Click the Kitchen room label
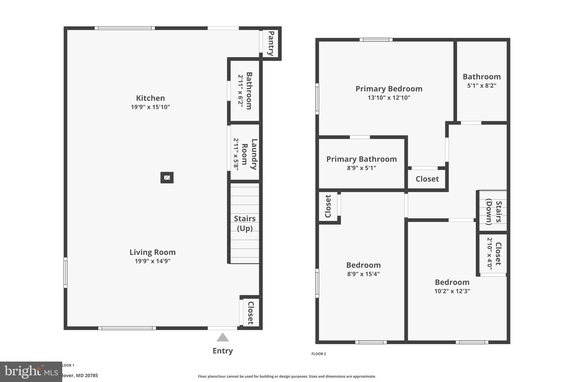coord(150,98)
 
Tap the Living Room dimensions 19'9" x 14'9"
coord(152,261)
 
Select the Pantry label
coord(271,43)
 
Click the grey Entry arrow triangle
coord(223,338)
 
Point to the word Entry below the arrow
coord(223,351)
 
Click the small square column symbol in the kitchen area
coord(167,178)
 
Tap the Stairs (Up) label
coord(245,223)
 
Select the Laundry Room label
coord(249,154)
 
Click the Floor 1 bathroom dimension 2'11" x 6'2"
coord(240,91)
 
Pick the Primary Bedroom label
coord(389,89)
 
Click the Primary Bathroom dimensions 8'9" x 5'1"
coord(361,168)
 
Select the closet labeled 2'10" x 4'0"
coord(494,254)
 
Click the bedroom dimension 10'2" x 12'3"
coord(452,291)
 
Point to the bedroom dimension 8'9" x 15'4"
coord(363,274)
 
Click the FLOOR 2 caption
coord(319,354)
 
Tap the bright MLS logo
coord(31,372)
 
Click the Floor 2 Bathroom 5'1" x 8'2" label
coord(482,81)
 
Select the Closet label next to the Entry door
coord(250,313)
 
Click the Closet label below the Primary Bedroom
coord(427,179)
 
